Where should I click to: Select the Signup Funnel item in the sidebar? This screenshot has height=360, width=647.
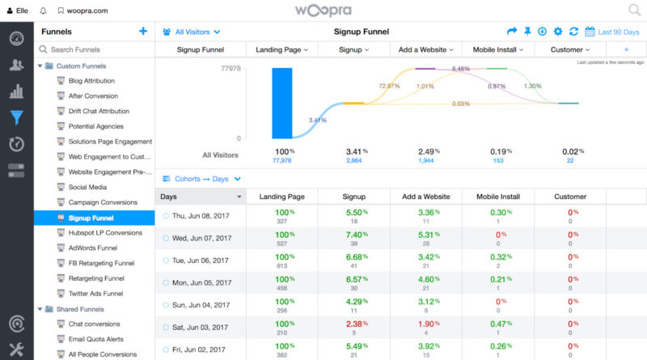click(x=91, y=218)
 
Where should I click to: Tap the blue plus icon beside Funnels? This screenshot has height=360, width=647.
click(x=143, y=32)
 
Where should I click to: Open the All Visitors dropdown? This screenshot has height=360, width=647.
click(x=191, y=32)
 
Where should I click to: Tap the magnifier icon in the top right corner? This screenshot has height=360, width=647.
click(x=634, y=11)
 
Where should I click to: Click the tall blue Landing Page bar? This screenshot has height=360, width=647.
click(x=281, y=104)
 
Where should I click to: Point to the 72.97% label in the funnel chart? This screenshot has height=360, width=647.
click(x=388, y=86)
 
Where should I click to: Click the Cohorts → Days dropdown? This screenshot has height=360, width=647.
click(x=202, y=179)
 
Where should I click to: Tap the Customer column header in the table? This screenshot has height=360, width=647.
click(x=570, y=197)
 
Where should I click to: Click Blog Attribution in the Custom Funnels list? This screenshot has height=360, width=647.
click(x=91, y=81)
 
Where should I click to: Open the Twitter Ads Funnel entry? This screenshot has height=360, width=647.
click(x=95, y=294)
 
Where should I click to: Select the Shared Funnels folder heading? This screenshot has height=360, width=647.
click(x=81, y=309)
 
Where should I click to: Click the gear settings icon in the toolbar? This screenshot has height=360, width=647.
click(x=556, y=32)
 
